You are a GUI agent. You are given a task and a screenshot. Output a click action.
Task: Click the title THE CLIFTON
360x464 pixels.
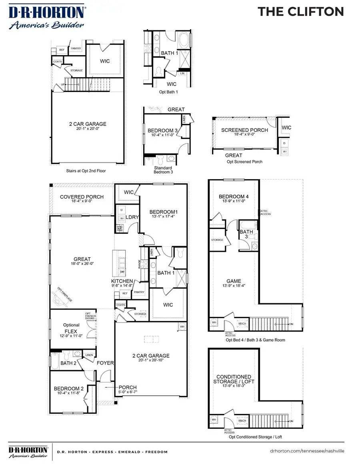tap(300, 12)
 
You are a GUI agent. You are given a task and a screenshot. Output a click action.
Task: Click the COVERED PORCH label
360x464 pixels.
tap(82, 197)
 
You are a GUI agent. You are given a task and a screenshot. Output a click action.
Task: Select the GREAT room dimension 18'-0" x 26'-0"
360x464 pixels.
tap(82, 264)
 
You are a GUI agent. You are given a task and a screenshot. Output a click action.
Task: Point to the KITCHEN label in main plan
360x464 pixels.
tap(122, 281)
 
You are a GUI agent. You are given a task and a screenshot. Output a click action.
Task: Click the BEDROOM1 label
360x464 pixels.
tap(163, 212)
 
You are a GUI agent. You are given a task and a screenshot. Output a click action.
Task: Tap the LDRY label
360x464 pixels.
tap(132, 217)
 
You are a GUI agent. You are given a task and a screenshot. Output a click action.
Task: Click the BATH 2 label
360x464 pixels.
tap(68, 363)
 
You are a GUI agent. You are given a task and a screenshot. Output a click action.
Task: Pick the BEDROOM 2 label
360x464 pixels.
tap(69, 388)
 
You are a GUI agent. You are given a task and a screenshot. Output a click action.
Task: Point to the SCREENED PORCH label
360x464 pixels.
tap(244, 130)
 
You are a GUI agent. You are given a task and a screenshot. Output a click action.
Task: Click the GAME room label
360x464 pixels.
tap(234, 281)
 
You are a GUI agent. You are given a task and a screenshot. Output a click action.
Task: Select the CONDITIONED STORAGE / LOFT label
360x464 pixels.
tap(234, 379)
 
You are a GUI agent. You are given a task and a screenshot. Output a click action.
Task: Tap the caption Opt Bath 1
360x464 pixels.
tap(168, 92)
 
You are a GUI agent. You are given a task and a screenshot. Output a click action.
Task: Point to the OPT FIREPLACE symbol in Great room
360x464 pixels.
tap(59, 296)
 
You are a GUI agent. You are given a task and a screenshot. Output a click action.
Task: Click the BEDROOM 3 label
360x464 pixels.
tap(163, 131)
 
